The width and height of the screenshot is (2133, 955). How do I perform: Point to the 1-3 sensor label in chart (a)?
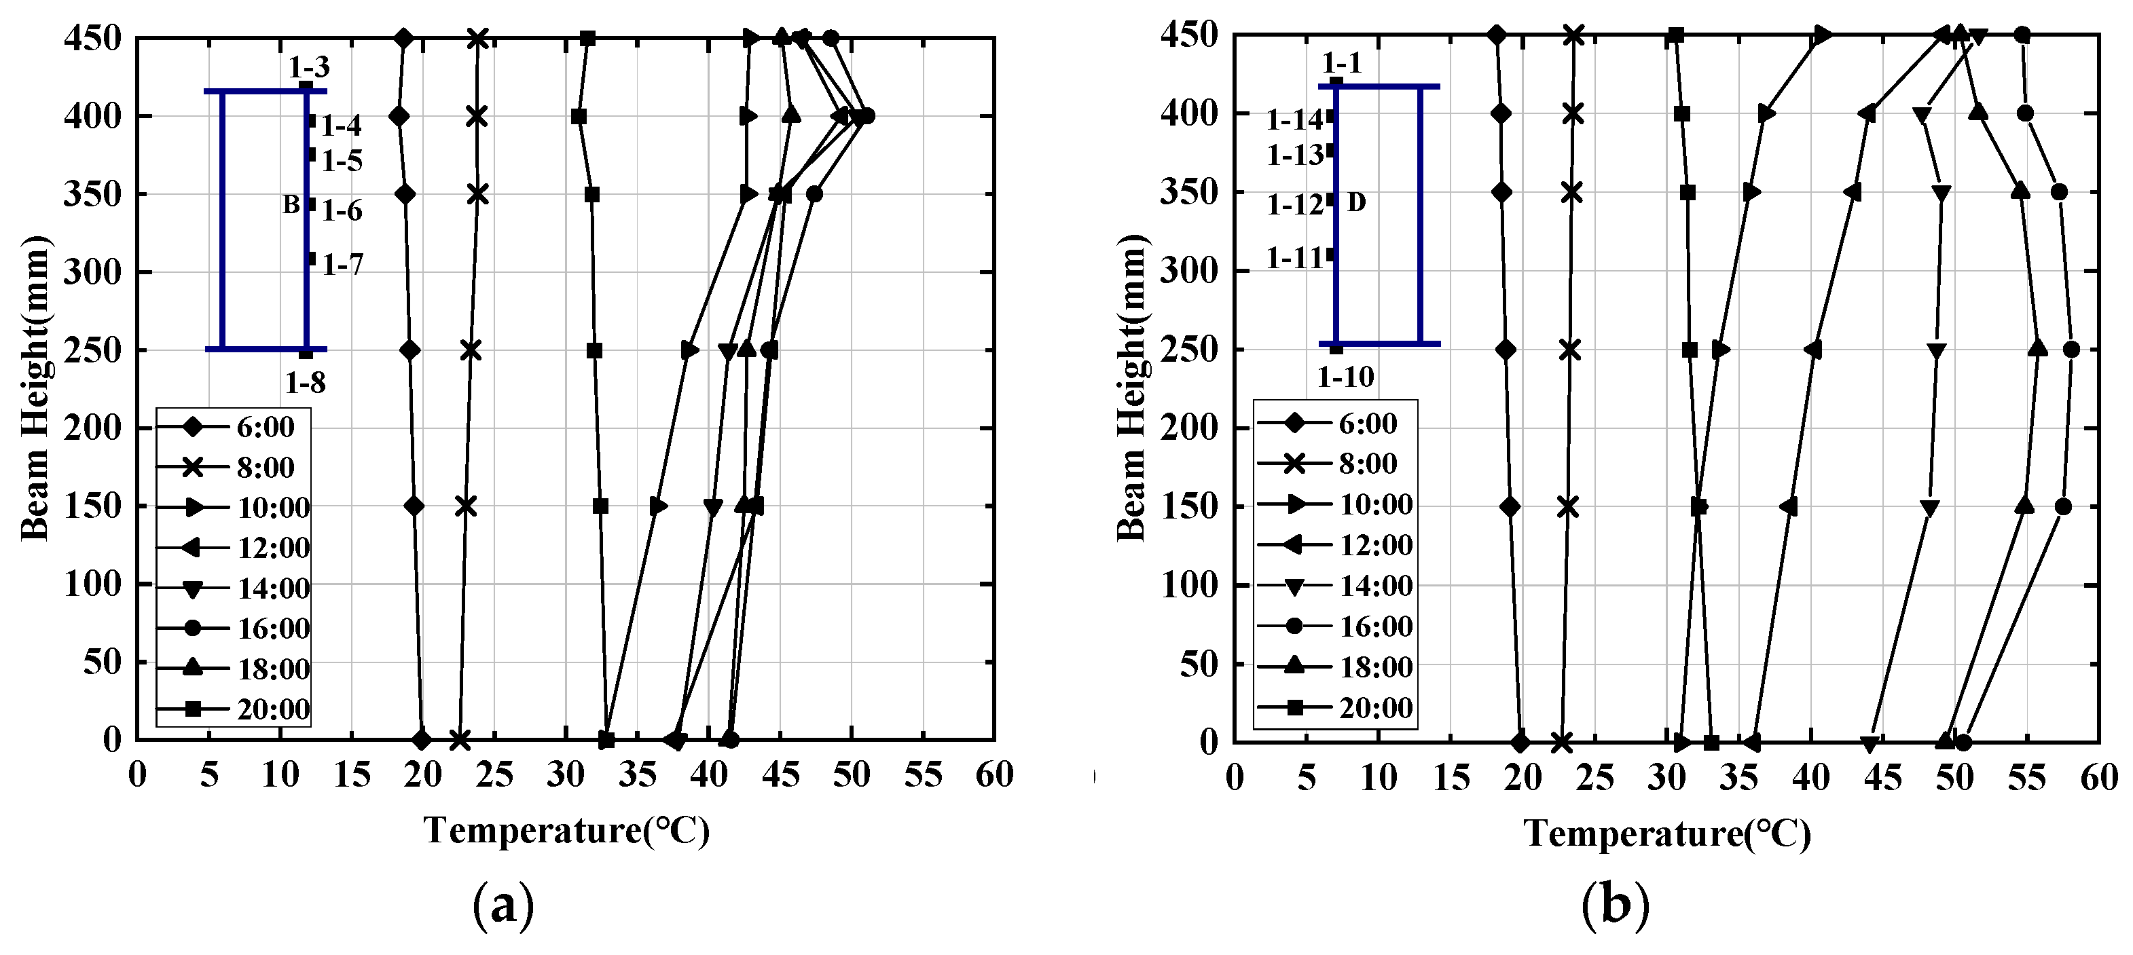tap(309, 67)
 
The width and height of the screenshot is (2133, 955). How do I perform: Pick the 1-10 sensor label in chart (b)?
tap(1345, 377)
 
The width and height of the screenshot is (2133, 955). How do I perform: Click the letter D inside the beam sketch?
tap(1356, 201)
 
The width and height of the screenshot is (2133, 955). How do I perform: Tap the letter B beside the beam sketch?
tap(291, 204)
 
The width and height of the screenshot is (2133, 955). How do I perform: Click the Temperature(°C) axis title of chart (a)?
tap(567, 831)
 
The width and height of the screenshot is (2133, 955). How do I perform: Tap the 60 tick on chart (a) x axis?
tap(993, 775)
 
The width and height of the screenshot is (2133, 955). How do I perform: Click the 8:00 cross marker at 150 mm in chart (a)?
tap(466, 506)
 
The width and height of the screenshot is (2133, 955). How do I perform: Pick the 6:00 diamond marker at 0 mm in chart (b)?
tap(1519, 743)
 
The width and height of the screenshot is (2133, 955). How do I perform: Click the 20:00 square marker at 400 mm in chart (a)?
tap(579, 116)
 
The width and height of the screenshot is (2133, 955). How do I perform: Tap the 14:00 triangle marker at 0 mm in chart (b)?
tap(1869, 743)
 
